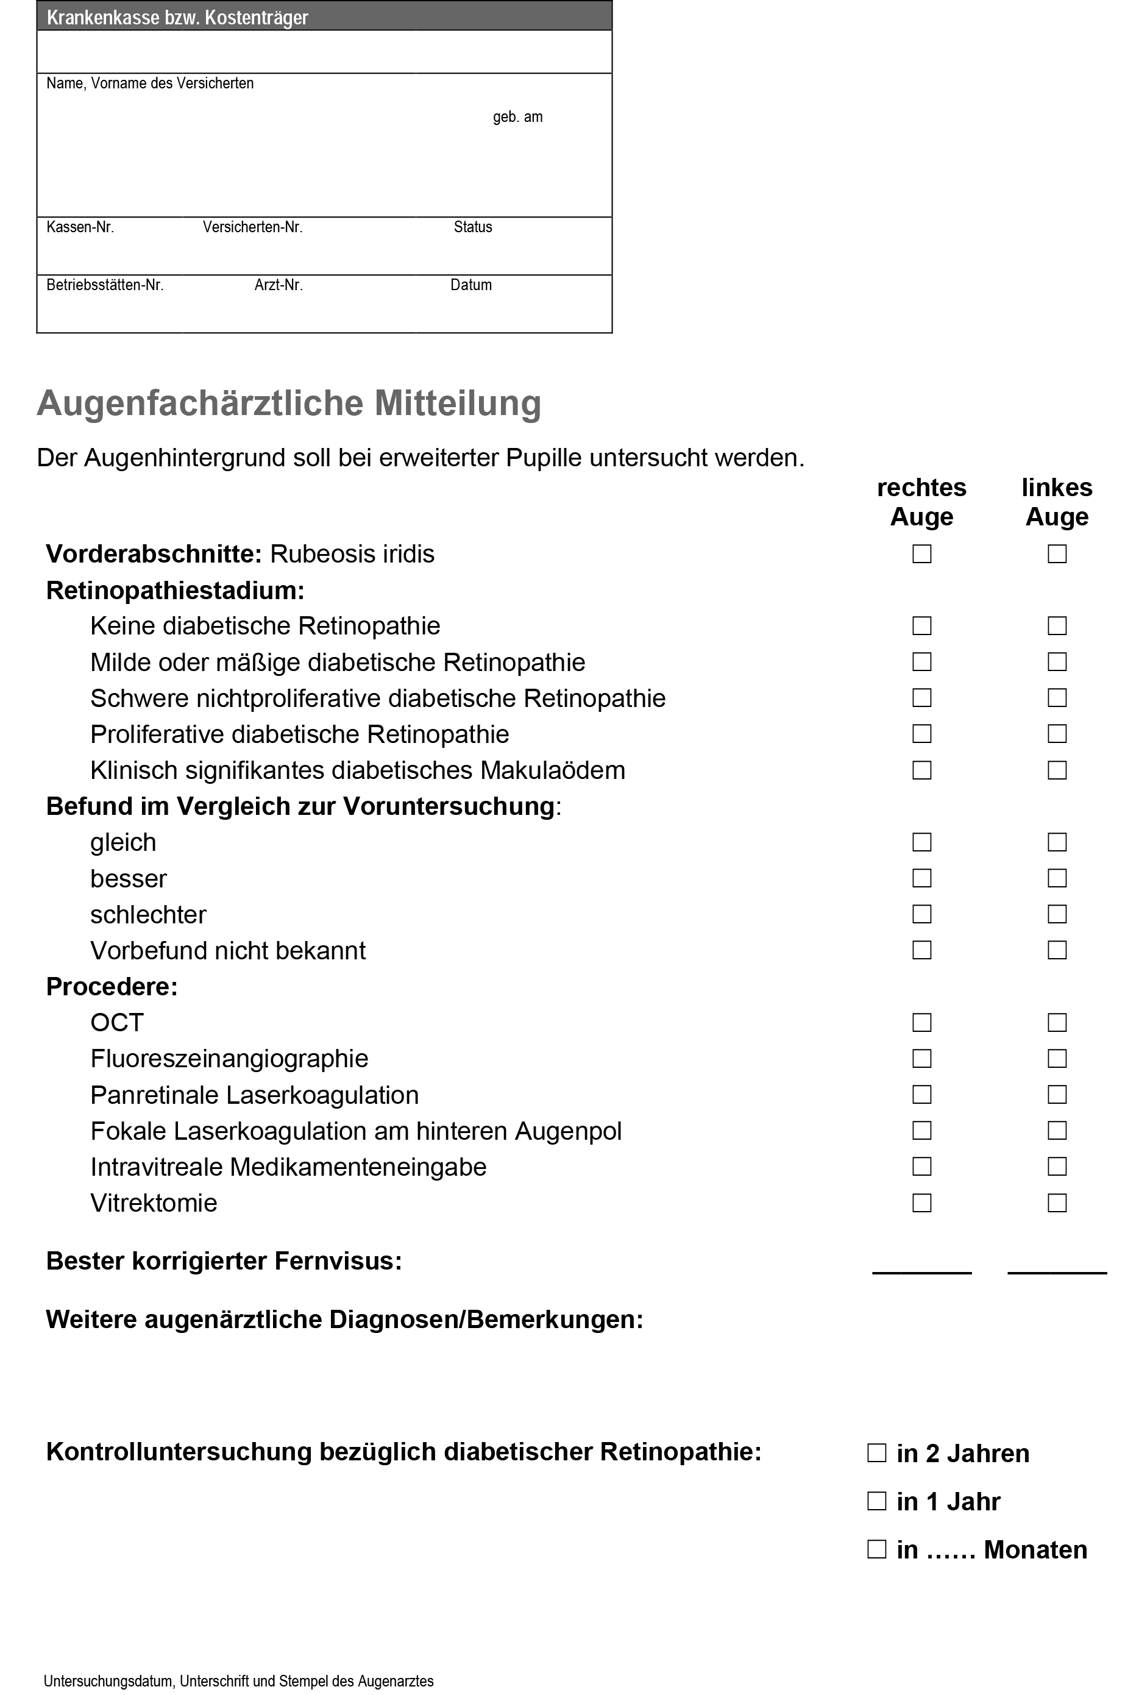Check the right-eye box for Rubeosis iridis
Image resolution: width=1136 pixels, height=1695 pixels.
tap(921, 554)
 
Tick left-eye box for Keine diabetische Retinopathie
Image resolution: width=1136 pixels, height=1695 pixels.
tap(1057, 626)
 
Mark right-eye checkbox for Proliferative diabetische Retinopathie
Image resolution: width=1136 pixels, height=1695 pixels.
tap(921, 734)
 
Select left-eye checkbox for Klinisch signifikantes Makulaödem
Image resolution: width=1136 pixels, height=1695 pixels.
tap(1057, 770)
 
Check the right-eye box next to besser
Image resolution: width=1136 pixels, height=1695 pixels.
tap(921, 878)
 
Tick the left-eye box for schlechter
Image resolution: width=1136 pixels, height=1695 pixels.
tap(1057, 914)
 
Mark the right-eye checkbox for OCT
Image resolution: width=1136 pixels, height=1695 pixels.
tap(921, 1022)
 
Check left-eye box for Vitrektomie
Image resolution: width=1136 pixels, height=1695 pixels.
tap(1057, 1203)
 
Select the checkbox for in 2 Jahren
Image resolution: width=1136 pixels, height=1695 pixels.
tap(876, 1453)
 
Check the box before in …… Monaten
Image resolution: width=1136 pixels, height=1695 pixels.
tap(876, 1549)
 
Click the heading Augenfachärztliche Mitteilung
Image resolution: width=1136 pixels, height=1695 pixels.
tap(289, 403)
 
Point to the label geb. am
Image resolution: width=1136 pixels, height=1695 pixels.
tap(517, 118)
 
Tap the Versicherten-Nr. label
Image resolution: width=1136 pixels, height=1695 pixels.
tap(252, 227)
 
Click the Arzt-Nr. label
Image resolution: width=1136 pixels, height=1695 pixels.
tap(278, 285)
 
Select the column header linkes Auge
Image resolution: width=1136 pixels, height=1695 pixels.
tap(1057, 502)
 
